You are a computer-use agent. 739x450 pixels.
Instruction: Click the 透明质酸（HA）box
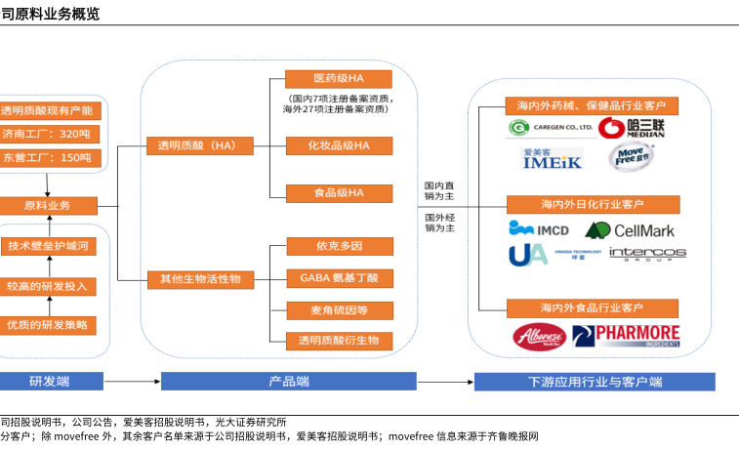click(197, 145)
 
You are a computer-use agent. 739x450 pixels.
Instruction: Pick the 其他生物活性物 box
click(199, 279)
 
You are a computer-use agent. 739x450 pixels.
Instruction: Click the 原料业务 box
click(47, 206)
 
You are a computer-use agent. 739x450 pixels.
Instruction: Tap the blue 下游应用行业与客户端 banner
click(594, 381)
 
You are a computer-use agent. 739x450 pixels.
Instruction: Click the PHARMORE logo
click(626, 337)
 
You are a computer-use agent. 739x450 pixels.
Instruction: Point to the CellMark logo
click(629, 230)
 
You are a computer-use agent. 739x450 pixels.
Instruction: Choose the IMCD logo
click(538, 230)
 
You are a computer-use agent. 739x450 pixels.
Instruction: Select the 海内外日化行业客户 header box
click(593, 204)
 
